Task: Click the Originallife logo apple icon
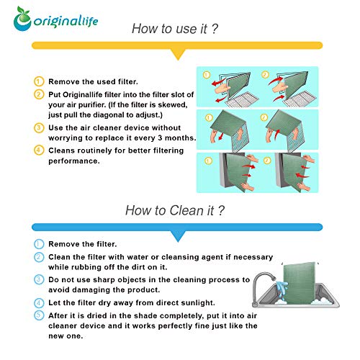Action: pyautogui.click(x=22, y=19)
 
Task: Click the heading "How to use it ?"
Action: pyautogui.click(x=175, y=29)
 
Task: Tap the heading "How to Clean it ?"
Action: pyautogui.click(x=175, y=210)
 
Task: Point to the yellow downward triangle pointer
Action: pyautogui.click(x=178, y=54)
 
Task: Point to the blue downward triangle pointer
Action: pyautogui.click(x=178, y=236)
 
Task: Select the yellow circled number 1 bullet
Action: pyautogui.click(x=39, y=81)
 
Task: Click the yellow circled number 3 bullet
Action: pyautogui.click(x=39, y=127)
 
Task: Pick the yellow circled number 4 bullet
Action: pyautogui.click(x=39, y=150)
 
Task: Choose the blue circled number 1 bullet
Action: pyautogui.click(x=39, y=244)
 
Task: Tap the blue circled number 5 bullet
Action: pyautogui.click(x=39, y=315)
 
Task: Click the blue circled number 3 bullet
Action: pyautogui.click(x=39, y=279)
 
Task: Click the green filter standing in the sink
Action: pyautogui.click(x=299, y=283)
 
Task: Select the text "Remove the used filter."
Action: pyautogui.click(x=93, y=81)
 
